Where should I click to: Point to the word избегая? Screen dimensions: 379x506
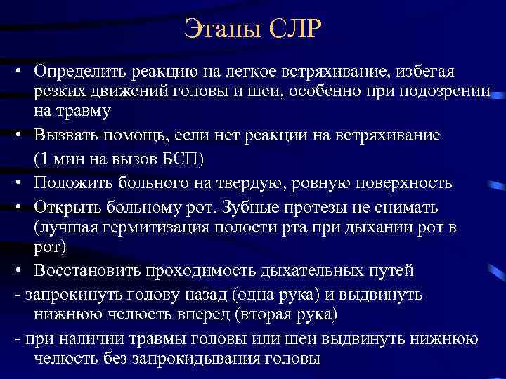click(425, 72)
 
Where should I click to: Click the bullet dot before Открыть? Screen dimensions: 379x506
click(21, 208)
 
